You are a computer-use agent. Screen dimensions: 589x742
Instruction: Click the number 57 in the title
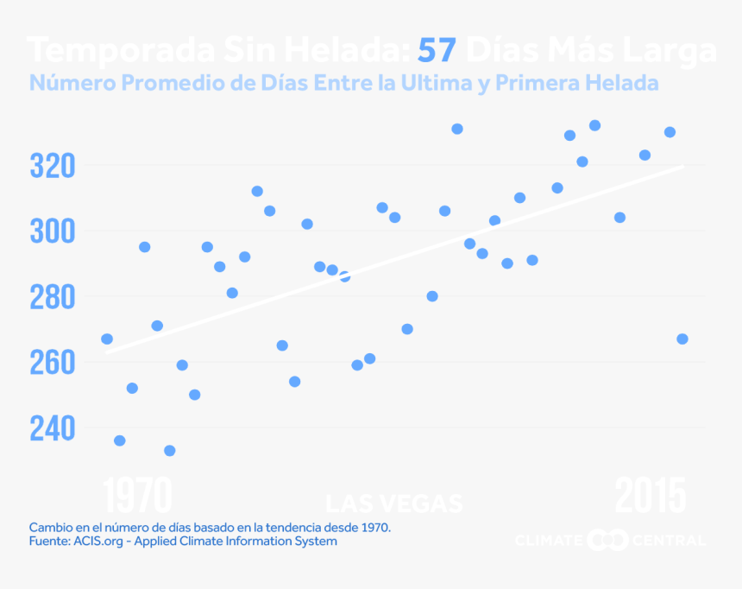coord(437,51)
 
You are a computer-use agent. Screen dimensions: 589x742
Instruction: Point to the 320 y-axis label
coord(53,165)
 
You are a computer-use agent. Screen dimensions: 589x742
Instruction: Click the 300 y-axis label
coord(53,231)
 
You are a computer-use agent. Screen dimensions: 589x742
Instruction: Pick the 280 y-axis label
coord(53,297)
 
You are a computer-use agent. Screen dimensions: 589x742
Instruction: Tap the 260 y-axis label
coord(53,363)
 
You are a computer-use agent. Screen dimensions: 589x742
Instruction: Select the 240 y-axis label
coord(53,428)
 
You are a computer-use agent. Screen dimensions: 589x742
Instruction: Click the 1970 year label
coord(139,497)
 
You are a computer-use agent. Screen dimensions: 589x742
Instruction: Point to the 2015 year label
coord(651,497)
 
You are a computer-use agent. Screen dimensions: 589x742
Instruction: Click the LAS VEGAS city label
coord(394,503)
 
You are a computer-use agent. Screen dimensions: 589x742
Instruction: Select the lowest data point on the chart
coord(170,451)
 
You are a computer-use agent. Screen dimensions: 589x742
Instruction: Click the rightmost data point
coord(682,339)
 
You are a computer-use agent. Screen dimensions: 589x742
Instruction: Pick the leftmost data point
coord(107,339)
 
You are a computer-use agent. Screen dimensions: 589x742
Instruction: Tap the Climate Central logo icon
coord(607,541)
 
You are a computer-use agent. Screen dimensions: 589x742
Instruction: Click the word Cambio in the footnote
coord(49,526)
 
